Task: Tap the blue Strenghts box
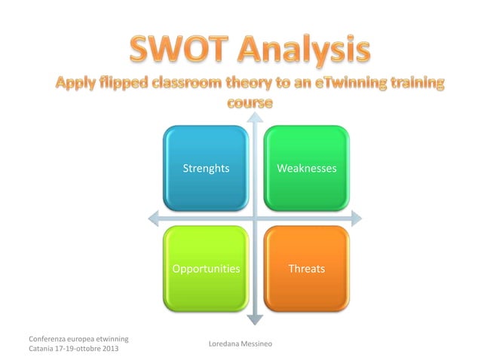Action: (206, 168)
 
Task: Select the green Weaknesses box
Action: (306, 168)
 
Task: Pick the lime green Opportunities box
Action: (206, 268)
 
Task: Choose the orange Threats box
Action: (306, 268)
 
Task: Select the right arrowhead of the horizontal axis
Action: (356, 218)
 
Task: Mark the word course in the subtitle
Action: (249, 100)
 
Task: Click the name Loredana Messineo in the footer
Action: (240, 344)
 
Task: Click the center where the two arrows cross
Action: (256, 218)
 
